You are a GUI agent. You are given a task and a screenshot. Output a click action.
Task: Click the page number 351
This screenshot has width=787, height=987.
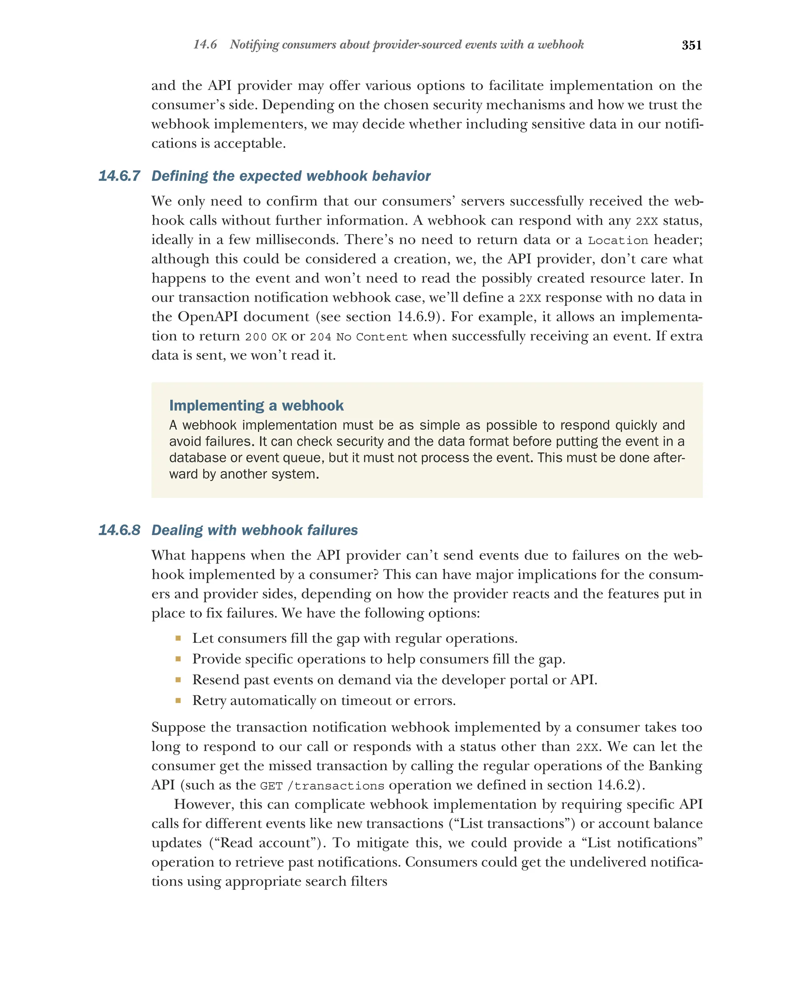691,45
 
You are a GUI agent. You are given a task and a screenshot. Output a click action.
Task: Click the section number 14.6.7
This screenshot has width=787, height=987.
119,176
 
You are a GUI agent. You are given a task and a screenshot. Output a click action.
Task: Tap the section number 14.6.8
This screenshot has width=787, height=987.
119,530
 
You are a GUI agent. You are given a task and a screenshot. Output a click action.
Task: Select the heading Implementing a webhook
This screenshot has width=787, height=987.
256,405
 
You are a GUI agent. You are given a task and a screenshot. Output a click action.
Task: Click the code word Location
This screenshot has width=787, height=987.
618,241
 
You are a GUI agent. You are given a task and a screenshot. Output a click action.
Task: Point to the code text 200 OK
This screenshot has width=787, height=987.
266,337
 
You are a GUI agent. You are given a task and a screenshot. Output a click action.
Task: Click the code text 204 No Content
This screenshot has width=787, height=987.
359,337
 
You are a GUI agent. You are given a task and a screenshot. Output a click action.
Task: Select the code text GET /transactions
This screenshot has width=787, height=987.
322,786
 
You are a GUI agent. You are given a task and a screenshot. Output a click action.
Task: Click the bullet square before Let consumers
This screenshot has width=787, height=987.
178,638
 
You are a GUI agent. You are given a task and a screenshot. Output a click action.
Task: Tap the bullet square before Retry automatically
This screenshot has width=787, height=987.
178,700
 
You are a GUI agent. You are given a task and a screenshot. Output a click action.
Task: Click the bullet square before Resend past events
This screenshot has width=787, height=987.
178,679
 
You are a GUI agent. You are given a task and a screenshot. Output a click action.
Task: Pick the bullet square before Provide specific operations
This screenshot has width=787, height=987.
178,659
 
